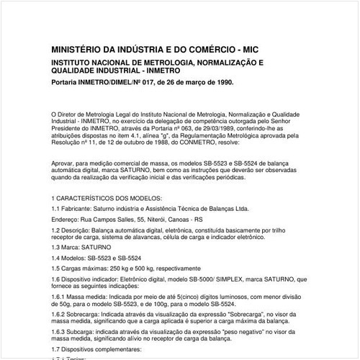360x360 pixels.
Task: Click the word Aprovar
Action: click(65, 165)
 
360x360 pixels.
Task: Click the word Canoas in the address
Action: click(189, 220)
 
